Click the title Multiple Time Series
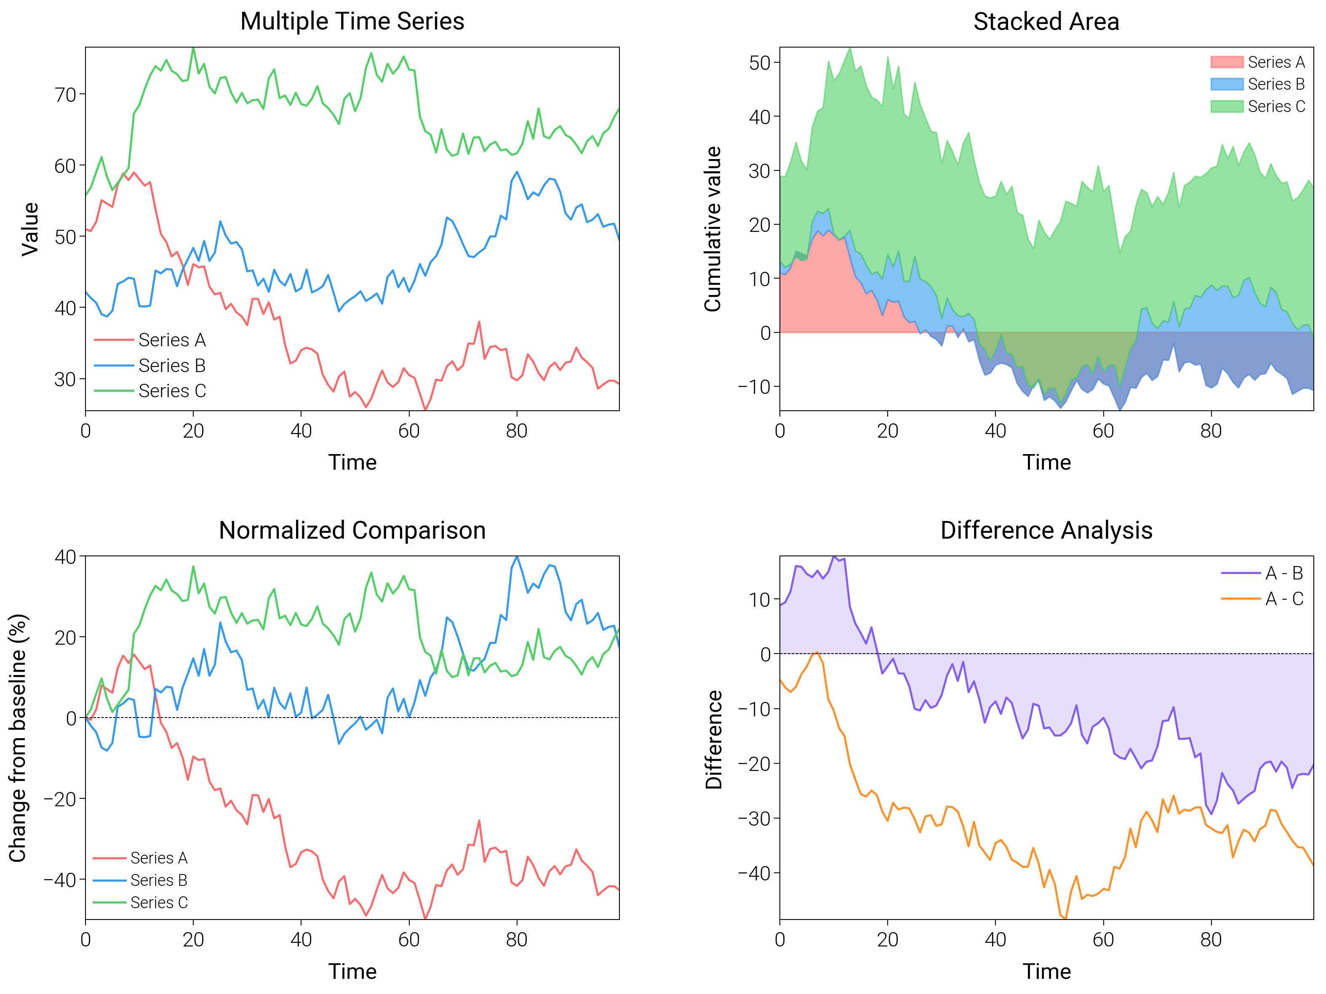tap(352, 21)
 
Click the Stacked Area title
tap(1046, 21)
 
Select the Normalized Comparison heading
tap(352, 530)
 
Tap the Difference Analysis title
tap(1046, 530)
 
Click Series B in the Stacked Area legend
tap(1275, 85)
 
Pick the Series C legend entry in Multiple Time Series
tap(172, 391)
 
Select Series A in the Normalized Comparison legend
tap(159, 858)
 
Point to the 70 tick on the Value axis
tap(66, 95)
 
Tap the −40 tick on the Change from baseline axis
tap(60, 880)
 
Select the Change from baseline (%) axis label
tap(18, 738)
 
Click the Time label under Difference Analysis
tap(1046, 971)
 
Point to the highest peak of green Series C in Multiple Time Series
tap(193, 48)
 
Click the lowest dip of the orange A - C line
tap(1066, 918)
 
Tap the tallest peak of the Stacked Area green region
tap(849, 48)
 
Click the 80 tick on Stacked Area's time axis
tap(1211, 431)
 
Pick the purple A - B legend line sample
tap(1241, 574)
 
